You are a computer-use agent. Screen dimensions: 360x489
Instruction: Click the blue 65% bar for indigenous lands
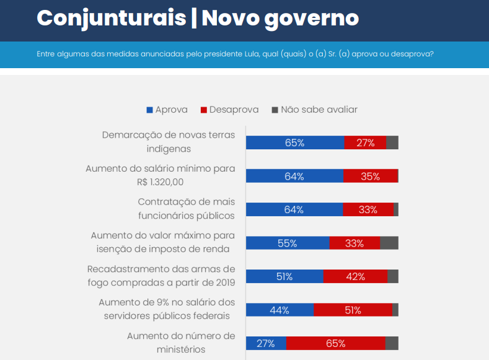295,143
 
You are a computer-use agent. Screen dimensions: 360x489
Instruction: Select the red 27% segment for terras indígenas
365,143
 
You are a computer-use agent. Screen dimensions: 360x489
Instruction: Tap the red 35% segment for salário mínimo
370,176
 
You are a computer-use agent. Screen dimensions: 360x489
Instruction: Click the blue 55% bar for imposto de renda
288,243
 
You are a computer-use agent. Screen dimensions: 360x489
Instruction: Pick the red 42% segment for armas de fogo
355,276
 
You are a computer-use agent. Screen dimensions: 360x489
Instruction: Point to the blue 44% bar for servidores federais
280,310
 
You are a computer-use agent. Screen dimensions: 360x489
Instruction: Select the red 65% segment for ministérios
335,343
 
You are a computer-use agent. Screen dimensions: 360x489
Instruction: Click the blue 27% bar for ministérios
266,343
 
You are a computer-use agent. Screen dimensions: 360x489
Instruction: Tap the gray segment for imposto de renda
389,243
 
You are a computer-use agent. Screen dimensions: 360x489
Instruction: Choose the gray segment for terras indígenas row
392,143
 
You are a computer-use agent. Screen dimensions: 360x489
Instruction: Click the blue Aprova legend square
149,110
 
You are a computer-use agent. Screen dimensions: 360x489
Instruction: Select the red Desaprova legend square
203,110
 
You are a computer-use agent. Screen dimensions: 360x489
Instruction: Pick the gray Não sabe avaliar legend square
275,110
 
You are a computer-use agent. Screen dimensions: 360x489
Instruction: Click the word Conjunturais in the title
111,18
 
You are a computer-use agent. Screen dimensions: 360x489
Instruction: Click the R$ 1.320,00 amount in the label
161,182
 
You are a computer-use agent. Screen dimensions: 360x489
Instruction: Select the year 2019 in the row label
225,283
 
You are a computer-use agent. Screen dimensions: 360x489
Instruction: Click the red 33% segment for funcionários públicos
368,209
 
